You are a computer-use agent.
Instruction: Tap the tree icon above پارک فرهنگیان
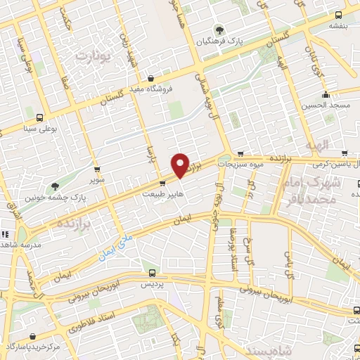coord(220,29)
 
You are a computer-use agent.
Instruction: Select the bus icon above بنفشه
coord(338,15)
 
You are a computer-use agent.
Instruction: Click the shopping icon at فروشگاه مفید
coord(150,78)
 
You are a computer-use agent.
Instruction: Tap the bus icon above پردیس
coord(150,273)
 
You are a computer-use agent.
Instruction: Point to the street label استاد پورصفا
coord(235,252)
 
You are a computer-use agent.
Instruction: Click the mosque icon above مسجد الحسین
coord(325,95)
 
